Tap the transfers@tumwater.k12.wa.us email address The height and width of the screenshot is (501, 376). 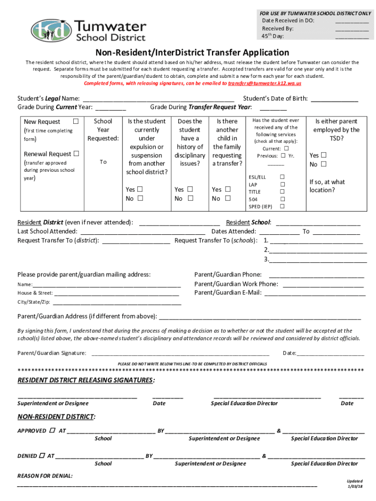click(264, 84)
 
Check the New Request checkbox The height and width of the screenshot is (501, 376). click(76, 121)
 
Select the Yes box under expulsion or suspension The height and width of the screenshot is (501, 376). click(140, 189)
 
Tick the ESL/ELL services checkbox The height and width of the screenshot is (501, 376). click(282, 177)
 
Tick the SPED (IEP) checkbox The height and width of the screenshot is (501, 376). click(282, 206)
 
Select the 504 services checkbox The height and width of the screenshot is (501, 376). click(282, 199)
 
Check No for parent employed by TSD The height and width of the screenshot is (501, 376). click(323, 164)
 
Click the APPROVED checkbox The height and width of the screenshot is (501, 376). click(52, 431)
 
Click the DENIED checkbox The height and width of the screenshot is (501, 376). click(42, 455)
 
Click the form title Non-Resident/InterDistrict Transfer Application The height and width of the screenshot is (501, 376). click(192, 52)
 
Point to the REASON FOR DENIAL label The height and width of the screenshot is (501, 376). click(45, 476)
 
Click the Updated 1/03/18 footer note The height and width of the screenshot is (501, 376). click(355, 484)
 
